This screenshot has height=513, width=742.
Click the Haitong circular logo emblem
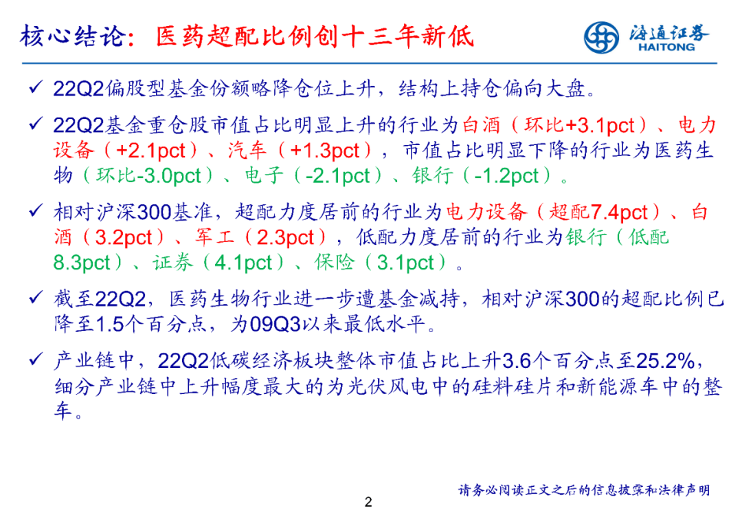pos(601,37)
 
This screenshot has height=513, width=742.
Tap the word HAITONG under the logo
pos(666,47)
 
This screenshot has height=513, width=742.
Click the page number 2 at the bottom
pos(369,501)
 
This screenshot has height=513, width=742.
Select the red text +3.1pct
pos(600,126)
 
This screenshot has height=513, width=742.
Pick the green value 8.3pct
pos(82,263)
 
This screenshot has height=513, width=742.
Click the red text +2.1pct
pos(150,151)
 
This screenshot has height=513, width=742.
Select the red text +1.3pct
pos(324,151)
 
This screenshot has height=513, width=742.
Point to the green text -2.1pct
pos(337,176)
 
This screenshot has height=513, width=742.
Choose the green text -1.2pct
pos(506,176)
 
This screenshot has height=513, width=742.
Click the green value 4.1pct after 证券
pos(243,263)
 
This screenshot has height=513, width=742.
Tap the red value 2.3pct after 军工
pos(285,238)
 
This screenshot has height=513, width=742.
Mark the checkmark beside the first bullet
pos(36,87)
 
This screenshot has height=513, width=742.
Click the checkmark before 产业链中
pos(36,360)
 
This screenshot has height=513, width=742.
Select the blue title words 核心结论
pos(74,36)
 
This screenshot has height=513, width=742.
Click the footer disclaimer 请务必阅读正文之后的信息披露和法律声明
pos(584,490)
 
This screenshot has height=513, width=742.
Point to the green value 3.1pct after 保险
pos(405,263)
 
